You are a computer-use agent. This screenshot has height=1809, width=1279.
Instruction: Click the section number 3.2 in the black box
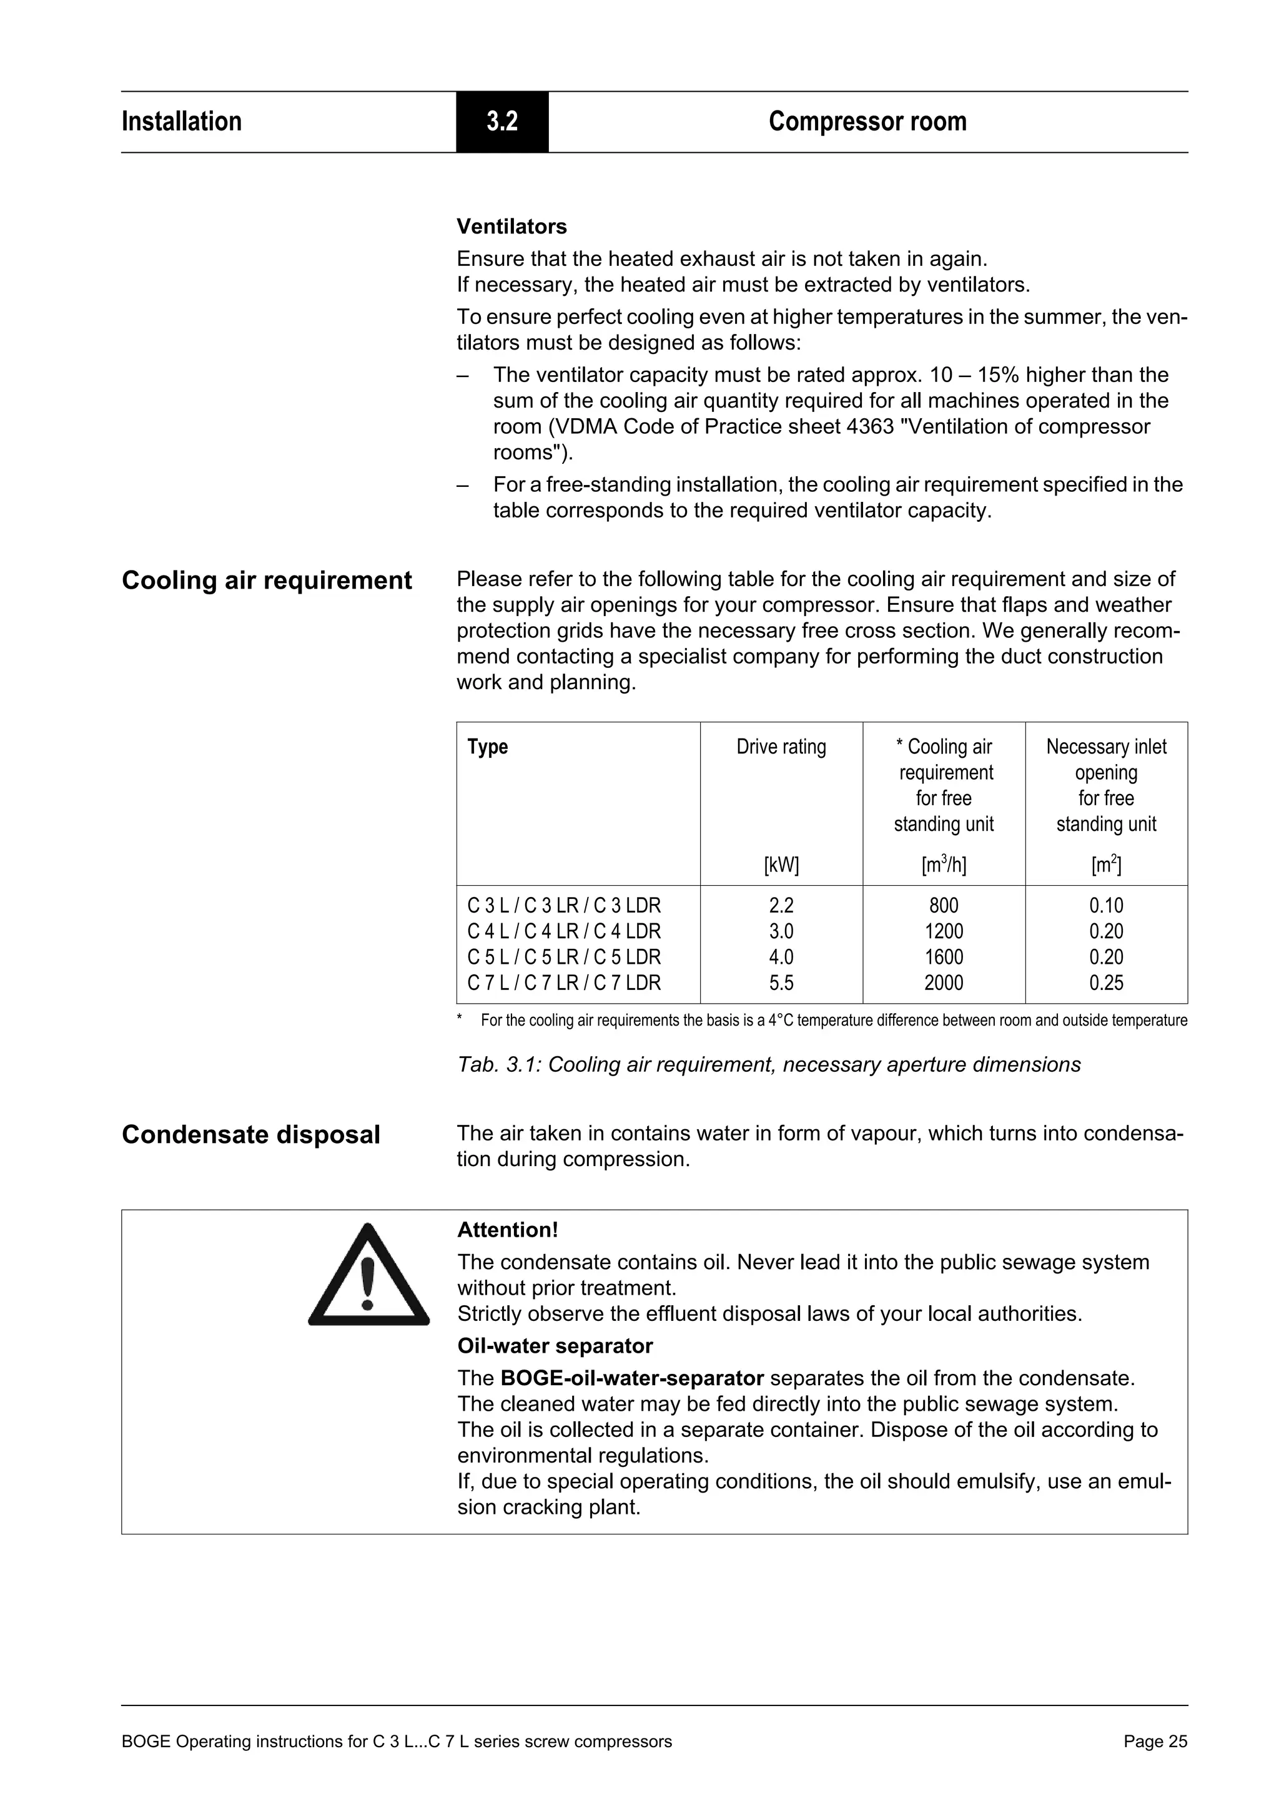tap(501, 121)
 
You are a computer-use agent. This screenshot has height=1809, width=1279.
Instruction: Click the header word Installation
tap(181, 121)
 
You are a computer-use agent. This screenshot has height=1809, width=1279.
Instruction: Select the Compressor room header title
tap(867, 121)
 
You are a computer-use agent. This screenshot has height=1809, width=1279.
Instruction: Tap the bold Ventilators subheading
tap(511, 227)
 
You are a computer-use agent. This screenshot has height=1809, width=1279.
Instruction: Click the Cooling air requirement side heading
tap(267, 581)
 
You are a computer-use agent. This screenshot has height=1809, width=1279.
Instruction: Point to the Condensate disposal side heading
tap(250, 1135)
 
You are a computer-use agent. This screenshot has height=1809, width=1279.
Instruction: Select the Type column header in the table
tap(487, 747)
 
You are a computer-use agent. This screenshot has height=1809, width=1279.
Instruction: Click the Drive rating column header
tap(781, 747)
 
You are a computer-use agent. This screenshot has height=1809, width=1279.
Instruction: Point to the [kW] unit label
tap(781, 865)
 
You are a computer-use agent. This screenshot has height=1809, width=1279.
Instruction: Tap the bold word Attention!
tap(508, 1230)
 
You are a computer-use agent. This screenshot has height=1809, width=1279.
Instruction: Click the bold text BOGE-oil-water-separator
tap(632, 1378)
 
